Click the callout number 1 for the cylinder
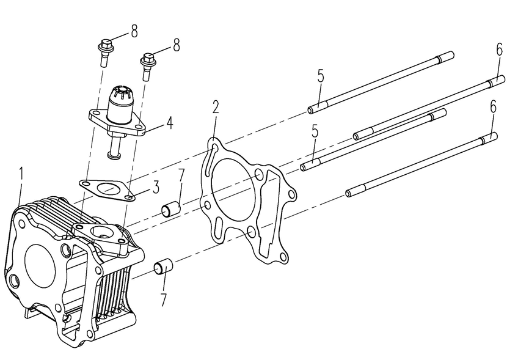coord(21,174)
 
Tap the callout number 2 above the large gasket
coord(215,108)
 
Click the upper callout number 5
coord(320,76)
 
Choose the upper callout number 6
coord(499,50)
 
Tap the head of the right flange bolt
coord(147,59)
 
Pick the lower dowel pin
coord(162,268)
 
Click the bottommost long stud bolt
coord(421,164)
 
